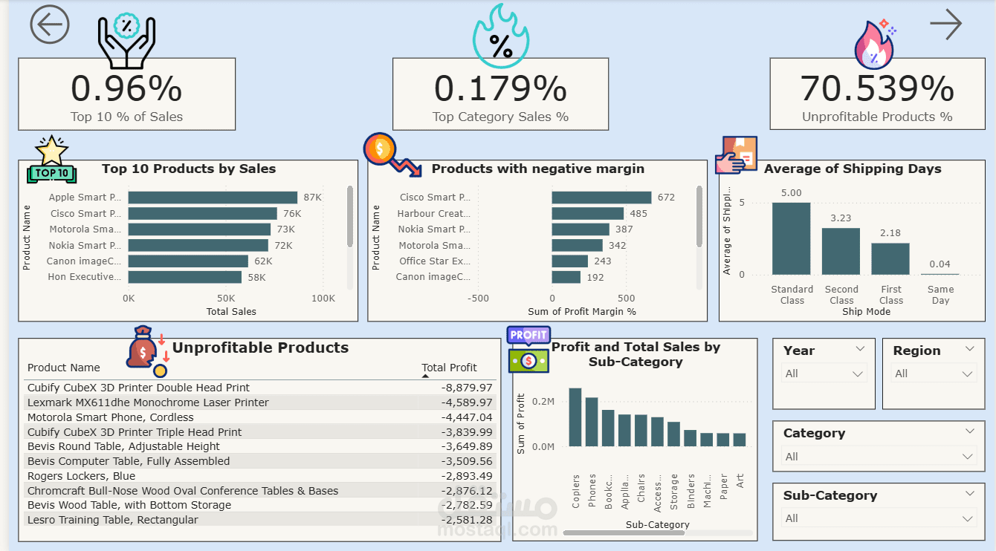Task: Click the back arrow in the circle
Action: [x=50, y=25]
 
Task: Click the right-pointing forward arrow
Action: [x=945, y=25]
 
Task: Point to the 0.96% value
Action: [x=126, y=89]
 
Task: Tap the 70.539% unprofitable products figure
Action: [x=877, y=89]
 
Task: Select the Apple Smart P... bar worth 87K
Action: [x=213, y=198]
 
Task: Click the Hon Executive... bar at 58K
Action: [x=185, y=277]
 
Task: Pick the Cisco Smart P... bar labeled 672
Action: [x=601, y=198]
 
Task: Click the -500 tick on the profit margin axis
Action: [x=478, y=299]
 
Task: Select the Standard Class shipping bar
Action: [x=792, y=238]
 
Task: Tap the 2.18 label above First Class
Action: [x=890, y=233]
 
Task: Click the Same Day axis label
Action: [x=940, y=295]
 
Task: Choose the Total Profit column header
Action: [x=449, y=368]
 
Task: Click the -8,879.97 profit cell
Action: [x=467, y=388]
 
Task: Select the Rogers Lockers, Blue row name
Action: [x=82, y=476]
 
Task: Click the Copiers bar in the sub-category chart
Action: [x=575, y=417]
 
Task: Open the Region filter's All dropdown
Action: [x=934, y=374]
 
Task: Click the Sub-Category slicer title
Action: [x=830, y=495]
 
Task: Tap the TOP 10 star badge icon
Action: [x=51, y=161]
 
